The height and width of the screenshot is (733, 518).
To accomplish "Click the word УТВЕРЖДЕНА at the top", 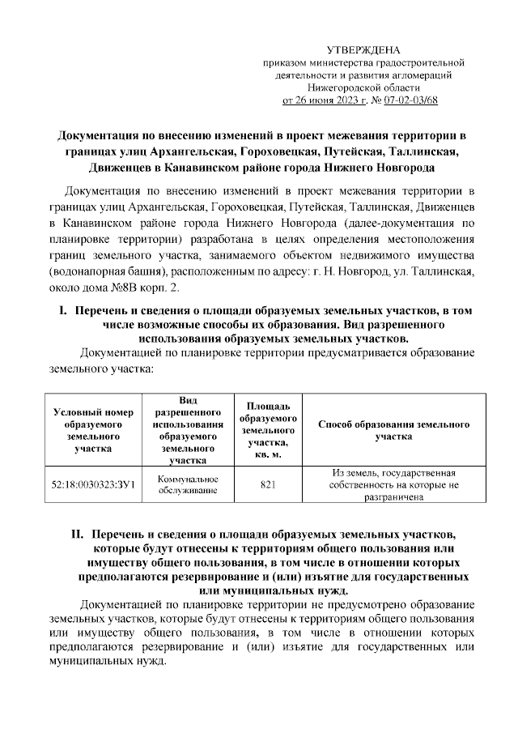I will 373,50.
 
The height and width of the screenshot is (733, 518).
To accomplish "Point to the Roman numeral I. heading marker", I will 60,311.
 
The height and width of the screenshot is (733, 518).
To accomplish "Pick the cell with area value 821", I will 269,484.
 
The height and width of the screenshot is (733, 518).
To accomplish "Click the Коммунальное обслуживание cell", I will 187,484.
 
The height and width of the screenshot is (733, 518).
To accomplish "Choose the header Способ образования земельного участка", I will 393,429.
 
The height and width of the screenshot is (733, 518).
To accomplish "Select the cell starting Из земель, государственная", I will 393,484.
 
